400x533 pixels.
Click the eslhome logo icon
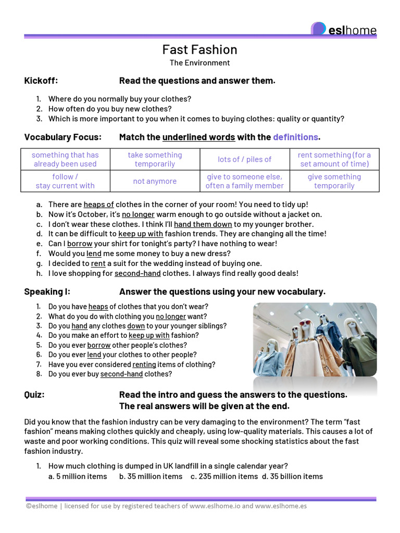coord(318,29)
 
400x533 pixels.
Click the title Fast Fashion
coord(199,49)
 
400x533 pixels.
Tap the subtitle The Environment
coord(199,63)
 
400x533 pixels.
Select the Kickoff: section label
coord(41,81)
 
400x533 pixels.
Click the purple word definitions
coord(295,137)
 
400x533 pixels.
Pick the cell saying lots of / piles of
coord(245,159)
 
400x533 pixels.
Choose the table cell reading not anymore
coord(155,181)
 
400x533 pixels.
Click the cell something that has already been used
coord(65,159)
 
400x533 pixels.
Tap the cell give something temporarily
coord(334,181)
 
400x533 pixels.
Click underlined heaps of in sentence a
coord(98,205)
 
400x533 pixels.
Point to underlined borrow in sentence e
coord(80,244)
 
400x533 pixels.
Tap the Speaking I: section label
coord(47,292)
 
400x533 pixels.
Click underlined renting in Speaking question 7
coord(144,364)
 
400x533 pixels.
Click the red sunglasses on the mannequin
coord(305,323)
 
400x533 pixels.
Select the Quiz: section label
coord(34,395)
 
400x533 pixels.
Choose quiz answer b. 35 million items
coord(151,476)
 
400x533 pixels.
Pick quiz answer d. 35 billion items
coord(292,476)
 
